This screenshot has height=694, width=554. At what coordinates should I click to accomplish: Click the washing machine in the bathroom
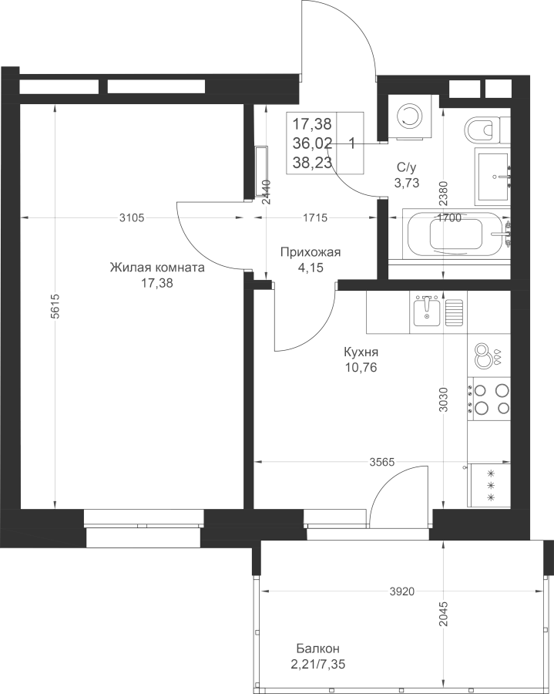[407, 117]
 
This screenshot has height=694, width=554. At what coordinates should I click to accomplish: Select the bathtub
[457, 235]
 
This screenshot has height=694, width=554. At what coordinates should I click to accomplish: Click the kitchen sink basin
[426, 312]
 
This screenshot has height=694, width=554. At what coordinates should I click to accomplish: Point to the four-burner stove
[489, 399]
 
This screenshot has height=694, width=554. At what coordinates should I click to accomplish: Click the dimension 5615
[54, 306]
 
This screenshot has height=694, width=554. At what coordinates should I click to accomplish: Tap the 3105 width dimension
[133, 217]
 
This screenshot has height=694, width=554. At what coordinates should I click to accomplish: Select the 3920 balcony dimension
[402, 591]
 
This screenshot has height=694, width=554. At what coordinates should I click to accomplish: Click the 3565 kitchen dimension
[381, 462]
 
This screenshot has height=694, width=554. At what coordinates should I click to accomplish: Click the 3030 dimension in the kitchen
[444, 399]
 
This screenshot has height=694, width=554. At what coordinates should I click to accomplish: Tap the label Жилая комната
[157, 268]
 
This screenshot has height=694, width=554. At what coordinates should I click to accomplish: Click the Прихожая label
[311, 252]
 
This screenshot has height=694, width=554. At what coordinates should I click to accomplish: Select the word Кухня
[361, 352]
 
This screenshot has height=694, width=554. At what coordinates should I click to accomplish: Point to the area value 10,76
[361, 367]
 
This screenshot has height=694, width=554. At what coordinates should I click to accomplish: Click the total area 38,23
[312, 163]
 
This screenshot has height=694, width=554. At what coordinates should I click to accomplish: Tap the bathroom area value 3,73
[407, 182]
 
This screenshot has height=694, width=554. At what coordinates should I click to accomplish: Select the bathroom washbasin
[492, 177]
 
